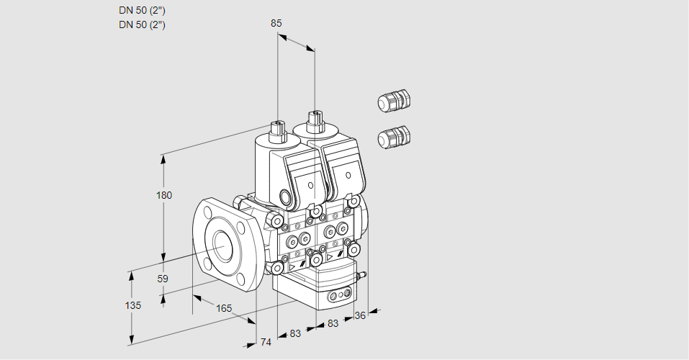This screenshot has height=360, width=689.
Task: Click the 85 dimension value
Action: coord(276,23)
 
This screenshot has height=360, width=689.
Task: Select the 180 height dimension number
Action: coord(165,196)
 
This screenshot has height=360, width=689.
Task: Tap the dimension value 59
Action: coord(163,279)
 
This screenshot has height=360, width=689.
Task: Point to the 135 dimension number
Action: coord(132,305)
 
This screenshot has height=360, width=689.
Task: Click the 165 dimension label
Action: coord(224,308)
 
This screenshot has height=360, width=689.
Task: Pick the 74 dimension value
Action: coord(266,342)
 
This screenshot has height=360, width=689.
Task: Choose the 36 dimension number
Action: coord(361,315)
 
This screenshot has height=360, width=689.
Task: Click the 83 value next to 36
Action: coord(332,324)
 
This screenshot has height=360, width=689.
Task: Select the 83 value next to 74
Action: coord(296,333)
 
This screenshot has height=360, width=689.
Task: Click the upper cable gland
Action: coord(393,101)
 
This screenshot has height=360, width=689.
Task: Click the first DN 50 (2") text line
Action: coord(142,10)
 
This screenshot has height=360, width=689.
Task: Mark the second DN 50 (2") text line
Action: coord(142,24)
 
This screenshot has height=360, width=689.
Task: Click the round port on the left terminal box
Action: coord(287,197)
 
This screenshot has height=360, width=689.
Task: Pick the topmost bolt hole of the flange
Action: coord(207,212)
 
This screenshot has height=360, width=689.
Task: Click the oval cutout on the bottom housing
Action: coord(338,295)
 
